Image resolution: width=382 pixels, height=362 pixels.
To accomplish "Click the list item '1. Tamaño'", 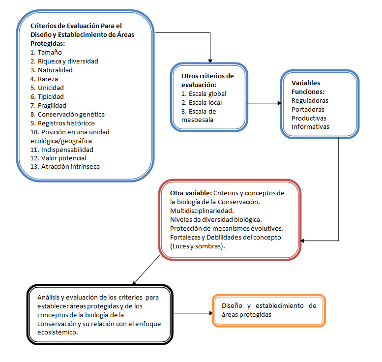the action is pyautogui.click(x=46, y=53).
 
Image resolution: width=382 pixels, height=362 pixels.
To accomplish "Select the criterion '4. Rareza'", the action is pyautogui.click(x=44, y=79).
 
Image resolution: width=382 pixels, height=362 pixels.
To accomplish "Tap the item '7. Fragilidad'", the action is pyautogui.click(x=48, y=106).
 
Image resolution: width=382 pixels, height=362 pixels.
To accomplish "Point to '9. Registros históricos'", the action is pyautogui.click(x=62, y=123).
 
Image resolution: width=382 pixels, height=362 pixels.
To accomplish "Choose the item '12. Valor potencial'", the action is pyautogui.click(x=58, y=158).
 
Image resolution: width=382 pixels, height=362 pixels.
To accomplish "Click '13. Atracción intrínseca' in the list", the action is pyautogui.click(x=65, y=167).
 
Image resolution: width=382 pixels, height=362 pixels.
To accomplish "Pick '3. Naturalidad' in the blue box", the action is pyautogui.click(x=52, y=70).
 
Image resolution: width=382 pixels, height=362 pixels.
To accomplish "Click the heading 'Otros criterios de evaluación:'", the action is pyautogui.click(x=207, y=81).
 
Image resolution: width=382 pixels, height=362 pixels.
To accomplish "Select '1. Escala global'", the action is pyautogui.click(x=204, y=94).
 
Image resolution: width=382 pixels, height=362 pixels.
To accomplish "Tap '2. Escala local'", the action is pyautogui.click(x=202, y=103).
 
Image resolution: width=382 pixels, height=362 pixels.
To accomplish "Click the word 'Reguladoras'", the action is pyautogui.click(x=310, y=101).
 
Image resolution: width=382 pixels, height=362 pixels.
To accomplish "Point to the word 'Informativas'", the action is pyautogui.click(x=310, y=127).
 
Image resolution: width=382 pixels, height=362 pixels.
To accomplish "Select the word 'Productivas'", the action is pyautogui.click(x=309, y=118).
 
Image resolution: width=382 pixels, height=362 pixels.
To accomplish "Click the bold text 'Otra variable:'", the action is pyautogui.click(x=191, y=193).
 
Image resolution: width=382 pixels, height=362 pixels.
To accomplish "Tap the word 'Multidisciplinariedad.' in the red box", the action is pyautogui.click(x=202, y=211).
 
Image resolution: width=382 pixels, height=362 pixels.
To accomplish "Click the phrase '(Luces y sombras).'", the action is pyautogui.click(x=198, y=246).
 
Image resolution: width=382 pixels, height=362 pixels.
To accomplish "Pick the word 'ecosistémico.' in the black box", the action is pyautogui.click(x=58, y=332).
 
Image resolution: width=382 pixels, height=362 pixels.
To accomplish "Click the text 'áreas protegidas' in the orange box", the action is pyautogui.click(x=246, y=315).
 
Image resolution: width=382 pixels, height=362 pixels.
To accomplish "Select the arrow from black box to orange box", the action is pyautogui.click(x=193, y=313).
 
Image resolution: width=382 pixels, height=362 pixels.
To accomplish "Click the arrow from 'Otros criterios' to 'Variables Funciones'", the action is pyautogui.click(x=264, y=103).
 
